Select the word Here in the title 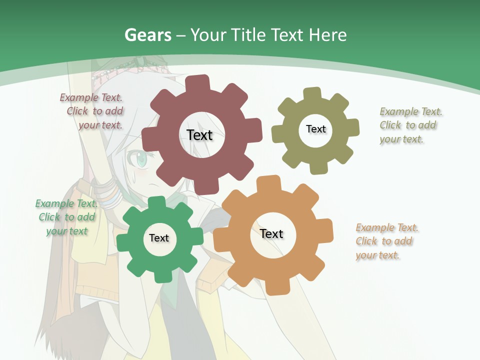tap(327, 35)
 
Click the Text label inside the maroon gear tap(199, 135)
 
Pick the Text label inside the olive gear tap(315, 129)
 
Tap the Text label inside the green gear tap(159, 238)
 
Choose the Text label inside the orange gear tap(271, 233)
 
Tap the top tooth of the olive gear tap(311, 94)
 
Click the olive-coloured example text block tap(408, 125)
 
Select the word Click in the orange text tap(366, 241)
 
